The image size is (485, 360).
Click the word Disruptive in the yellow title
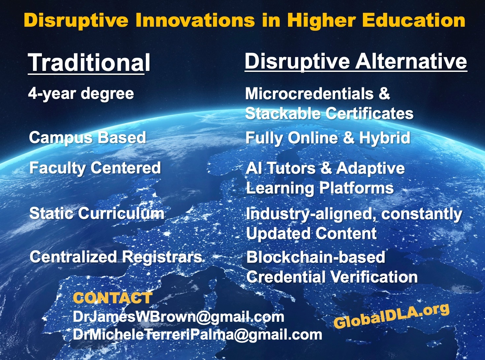76,21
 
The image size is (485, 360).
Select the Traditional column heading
89,63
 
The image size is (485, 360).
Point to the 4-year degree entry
81,94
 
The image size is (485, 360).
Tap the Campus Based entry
87,138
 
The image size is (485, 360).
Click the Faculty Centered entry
95,168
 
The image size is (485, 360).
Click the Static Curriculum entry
97,213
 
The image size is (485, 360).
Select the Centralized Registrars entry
116,257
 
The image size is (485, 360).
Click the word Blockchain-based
315,257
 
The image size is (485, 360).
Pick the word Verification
374,277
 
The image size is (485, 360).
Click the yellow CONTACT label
113,298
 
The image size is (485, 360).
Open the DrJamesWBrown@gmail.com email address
178,317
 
